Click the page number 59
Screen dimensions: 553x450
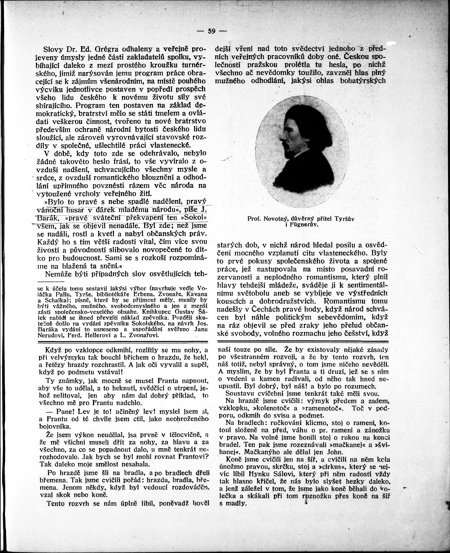tap(212, 31)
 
